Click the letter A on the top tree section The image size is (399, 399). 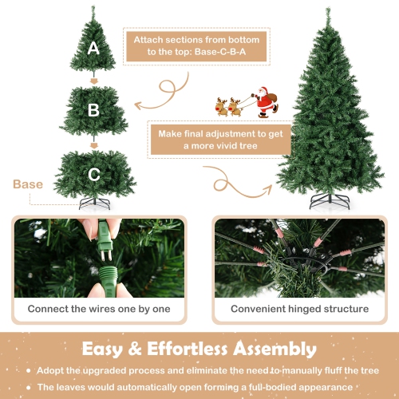tap(94, 48)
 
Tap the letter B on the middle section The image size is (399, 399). tap(94, 110)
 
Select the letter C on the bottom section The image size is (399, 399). tap(94, 174)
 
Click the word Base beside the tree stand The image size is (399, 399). tap(28, 184)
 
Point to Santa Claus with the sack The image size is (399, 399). tap(263, 103)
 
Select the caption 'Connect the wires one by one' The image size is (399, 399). tap(99, 308)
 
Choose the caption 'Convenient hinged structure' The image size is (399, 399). tap(300, 308)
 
